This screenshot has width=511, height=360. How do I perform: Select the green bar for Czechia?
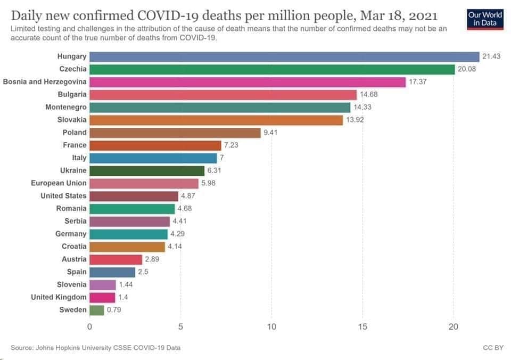coord(272,69)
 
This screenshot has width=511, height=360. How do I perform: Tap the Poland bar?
coord(175,133)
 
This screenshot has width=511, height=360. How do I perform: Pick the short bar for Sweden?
coord(97,310)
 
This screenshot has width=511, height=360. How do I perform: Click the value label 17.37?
coord(418,82)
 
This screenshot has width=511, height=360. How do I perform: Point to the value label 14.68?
coord(369,95)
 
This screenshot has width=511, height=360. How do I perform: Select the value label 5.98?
coord(208,183)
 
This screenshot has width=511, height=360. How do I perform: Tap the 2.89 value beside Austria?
coord(152,259)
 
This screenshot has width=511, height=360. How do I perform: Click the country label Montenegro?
coord(66,107)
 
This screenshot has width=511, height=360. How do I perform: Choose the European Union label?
coord(59,183)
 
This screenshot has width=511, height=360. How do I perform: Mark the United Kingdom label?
coord(59,297)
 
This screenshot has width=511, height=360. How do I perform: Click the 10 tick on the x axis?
coord(271,326)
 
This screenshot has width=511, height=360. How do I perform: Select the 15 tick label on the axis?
coord(362,326)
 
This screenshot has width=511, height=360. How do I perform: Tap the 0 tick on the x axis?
coord(89,326)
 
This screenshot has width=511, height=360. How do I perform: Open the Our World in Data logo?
coord(485,19)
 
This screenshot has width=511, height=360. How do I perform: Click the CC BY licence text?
coord(490,348)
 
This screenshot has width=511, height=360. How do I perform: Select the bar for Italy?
coord(153,158)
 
